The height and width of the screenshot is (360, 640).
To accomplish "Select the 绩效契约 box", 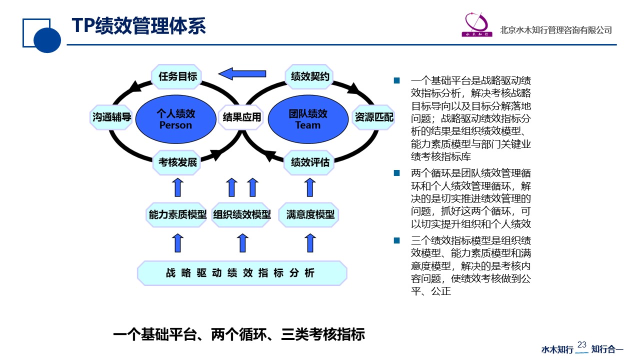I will click(310, 76).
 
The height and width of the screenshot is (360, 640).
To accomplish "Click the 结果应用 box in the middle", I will click(241, 117).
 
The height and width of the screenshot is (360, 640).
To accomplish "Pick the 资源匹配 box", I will click(373, 117).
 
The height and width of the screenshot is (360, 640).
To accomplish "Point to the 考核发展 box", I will click(177, 162).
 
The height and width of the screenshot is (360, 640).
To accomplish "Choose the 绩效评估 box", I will click(310, 162).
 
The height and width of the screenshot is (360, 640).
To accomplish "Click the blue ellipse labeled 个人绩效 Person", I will click(175, 119).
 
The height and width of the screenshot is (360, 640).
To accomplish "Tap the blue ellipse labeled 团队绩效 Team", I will click(307, 119).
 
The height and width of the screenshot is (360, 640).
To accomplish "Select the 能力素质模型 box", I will click(177, 215).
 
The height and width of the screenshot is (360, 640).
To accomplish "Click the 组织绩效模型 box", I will click(241, 215).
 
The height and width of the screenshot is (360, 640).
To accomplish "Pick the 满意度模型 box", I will click(310, 215).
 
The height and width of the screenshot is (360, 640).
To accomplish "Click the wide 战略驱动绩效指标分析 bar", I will click(241, 273).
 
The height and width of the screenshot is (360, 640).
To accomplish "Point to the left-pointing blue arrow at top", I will click(242, 74).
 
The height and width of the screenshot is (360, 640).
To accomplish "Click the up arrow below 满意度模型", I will click(310, 243).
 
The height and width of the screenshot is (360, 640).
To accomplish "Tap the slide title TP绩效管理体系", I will click(138, 26).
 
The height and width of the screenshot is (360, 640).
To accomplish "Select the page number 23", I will click(581, 344).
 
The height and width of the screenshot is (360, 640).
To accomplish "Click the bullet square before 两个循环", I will click(397, 173).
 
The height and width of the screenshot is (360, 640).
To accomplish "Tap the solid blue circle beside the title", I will click(47, 39).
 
